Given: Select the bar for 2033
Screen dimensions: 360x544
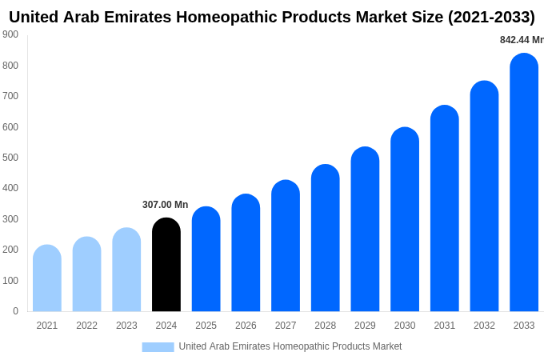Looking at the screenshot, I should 524,184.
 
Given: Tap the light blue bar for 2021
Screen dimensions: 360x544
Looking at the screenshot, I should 47,279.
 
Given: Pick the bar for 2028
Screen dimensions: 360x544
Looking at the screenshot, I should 326,239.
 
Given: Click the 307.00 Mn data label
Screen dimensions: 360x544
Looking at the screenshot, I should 165,205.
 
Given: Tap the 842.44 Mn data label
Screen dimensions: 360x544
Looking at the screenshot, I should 521,40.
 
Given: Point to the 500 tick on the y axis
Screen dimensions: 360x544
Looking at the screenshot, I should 10,158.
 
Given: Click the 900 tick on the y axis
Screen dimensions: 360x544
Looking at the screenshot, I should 10,34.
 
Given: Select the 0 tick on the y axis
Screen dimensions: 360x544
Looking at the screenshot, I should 15,311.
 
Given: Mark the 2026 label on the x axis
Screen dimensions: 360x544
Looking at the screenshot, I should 246,326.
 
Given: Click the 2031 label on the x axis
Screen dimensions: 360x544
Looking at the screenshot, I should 445,326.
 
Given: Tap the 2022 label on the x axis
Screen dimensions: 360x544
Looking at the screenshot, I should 86,326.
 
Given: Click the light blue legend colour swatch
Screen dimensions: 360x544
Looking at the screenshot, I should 158,346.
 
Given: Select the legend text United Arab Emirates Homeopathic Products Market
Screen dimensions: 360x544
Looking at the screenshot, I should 290,346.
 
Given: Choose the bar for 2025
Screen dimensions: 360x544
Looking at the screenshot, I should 206,260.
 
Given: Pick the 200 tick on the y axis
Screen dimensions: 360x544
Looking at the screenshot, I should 10,250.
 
